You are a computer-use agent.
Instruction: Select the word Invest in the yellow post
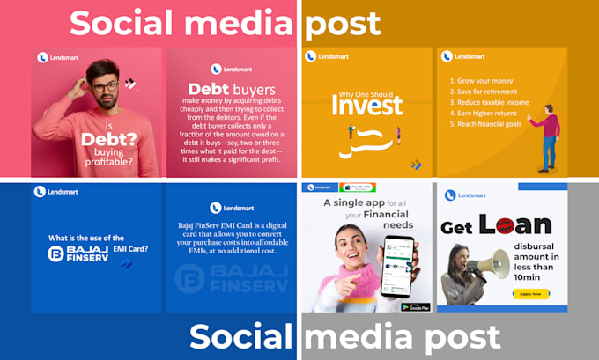tap(367, 105)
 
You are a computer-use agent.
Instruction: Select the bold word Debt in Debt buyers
tap(209, 90)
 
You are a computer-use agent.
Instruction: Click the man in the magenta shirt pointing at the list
tap(549, 136)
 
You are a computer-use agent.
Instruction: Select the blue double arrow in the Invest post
tap(416, 165)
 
